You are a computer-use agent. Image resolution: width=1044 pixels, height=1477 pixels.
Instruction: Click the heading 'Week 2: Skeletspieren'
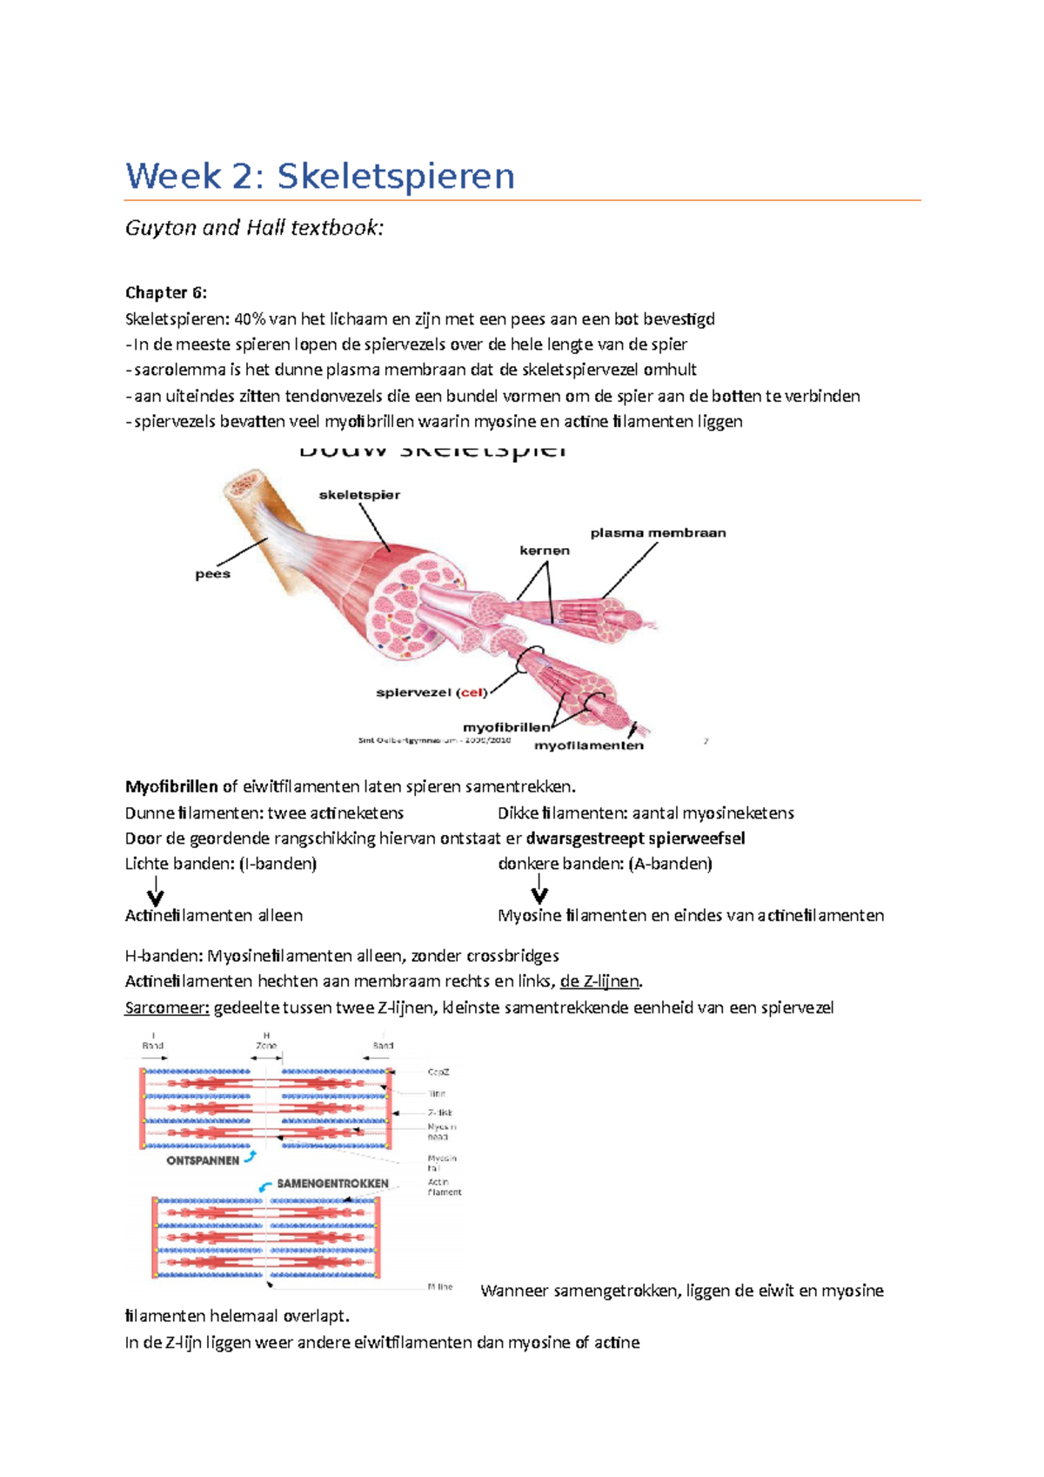320,177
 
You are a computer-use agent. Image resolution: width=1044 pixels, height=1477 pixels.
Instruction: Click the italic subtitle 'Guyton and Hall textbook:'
254,228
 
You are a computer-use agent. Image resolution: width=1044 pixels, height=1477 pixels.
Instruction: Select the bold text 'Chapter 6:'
166,292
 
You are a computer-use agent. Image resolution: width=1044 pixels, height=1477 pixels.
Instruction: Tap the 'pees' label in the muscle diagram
212,574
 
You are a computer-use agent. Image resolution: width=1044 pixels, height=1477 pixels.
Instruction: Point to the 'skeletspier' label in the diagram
359,495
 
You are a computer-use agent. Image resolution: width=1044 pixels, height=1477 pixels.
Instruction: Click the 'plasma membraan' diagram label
658,533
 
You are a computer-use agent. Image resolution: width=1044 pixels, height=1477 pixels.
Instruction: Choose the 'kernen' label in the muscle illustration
545,551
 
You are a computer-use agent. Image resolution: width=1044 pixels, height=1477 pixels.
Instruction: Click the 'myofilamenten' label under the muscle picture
588,745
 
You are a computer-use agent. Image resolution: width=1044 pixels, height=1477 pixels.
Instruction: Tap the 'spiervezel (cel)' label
431,693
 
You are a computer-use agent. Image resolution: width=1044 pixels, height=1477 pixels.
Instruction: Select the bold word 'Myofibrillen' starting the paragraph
171,787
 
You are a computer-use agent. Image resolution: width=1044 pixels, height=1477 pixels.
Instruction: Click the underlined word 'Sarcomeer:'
167,1008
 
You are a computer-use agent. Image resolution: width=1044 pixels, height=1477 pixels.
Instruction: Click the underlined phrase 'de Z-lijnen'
599,982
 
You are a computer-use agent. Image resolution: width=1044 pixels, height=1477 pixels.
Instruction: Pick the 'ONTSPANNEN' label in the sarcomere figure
203,1160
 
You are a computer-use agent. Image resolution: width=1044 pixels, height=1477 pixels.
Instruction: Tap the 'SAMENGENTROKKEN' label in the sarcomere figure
332,1184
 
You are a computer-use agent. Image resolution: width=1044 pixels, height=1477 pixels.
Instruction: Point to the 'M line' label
440,1287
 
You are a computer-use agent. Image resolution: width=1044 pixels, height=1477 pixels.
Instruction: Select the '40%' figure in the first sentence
250,319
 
